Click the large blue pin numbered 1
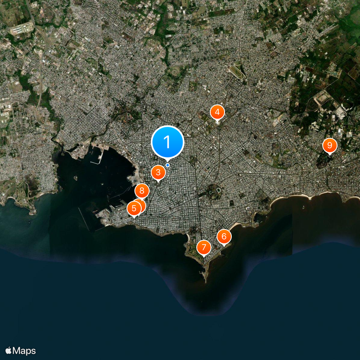[167, 142]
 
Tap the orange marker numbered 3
[158, 172]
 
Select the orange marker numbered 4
[217, 112]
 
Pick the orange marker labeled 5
[134, 208]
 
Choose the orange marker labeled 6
[224, 236]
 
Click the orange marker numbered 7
[204, 247]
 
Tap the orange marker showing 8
[142, 191]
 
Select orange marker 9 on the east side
[329, 145]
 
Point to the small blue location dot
[167, 165]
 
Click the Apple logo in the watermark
[9, 351]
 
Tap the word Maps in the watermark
[24, 351]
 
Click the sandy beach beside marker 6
[236, 226]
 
